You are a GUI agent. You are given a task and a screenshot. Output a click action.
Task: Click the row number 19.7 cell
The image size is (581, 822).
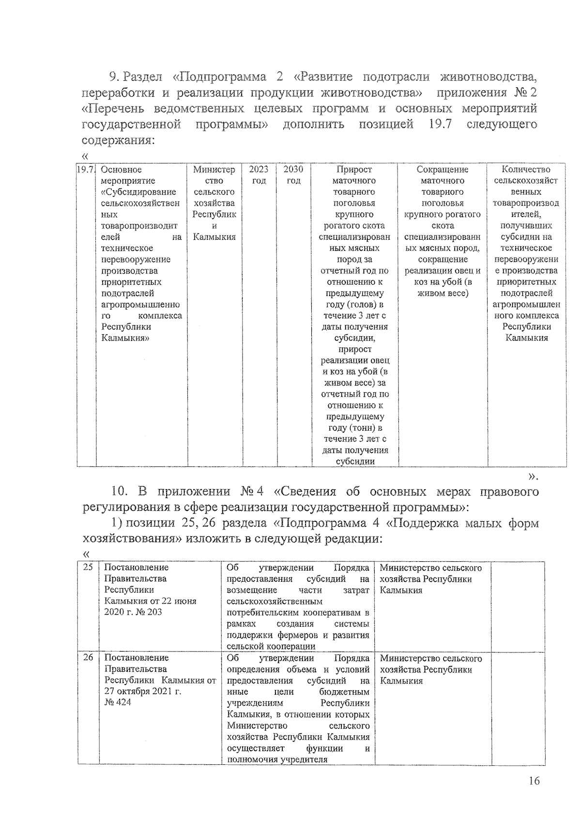(x=86, y=170)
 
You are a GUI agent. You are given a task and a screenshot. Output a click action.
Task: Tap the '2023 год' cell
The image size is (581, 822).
(x=259, y=175)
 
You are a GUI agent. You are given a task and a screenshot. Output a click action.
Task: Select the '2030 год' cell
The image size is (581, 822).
(x=293, y=175)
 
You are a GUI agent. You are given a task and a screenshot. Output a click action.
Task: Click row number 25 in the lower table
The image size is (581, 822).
(x=88, y=567)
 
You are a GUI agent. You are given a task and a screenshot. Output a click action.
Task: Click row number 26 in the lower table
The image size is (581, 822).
(x=88, y=657)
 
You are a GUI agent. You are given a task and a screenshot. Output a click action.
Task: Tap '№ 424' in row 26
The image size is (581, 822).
(x=118, y=702)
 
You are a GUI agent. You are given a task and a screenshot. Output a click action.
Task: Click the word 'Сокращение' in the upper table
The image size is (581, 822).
(x=443, y=170)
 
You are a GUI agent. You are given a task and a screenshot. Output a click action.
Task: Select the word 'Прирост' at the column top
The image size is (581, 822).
(x=354, y=170)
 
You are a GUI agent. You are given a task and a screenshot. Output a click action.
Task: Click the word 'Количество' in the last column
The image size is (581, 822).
(x=526, y=170)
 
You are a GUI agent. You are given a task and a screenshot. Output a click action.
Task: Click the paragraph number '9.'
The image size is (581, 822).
(x=114, y=77)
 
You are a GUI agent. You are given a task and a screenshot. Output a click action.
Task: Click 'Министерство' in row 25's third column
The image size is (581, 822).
(x=410, y=568)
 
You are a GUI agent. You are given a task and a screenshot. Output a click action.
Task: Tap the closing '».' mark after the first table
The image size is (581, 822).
(x=533, y=477)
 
